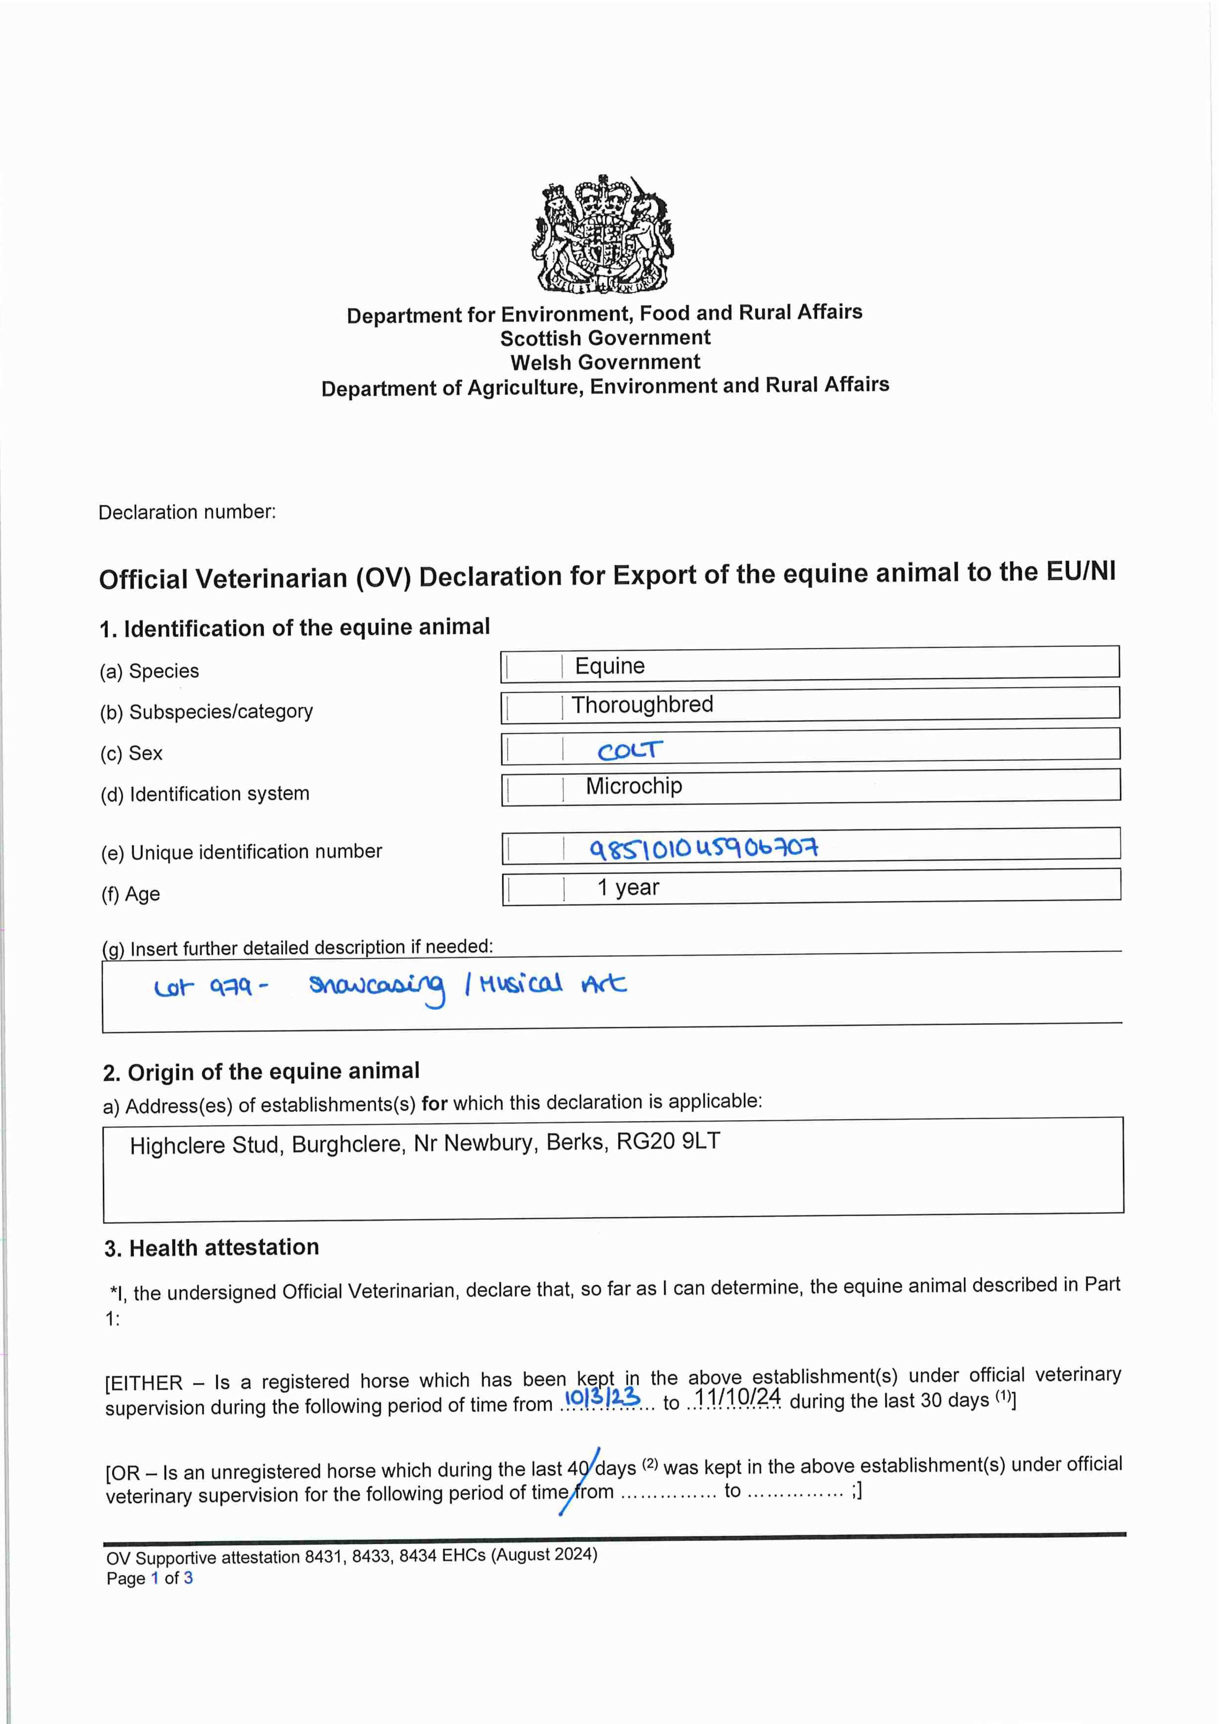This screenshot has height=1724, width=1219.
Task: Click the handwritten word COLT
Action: point(630,750)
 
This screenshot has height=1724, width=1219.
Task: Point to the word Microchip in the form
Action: point(634,786)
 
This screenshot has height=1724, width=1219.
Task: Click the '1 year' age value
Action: point(628,888)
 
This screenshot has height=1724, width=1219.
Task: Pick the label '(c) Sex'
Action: point(131,753)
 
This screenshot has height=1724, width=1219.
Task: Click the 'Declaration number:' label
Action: point(187,512)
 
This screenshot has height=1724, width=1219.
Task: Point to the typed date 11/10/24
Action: point(737,1397)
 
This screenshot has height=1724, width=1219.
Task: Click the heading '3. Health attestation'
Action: point(212,1247)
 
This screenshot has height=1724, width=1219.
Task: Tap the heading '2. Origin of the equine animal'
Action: point(261,1072)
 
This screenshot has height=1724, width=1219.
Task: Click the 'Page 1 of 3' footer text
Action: point(149,1578)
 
